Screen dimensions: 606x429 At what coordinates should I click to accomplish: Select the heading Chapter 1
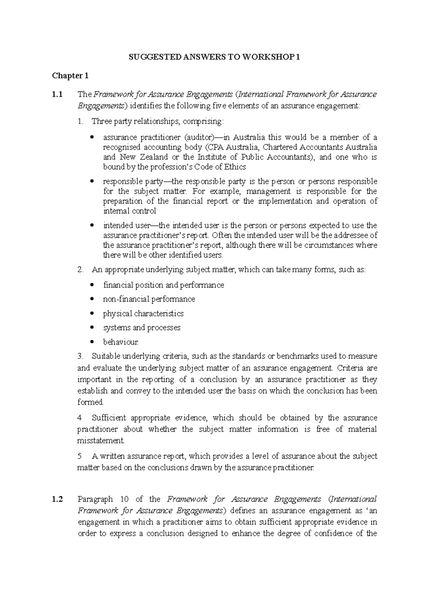pos(70,76)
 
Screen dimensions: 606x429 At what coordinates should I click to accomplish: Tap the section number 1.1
pos(57,95)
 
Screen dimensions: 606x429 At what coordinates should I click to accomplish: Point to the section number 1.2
pos(57,499)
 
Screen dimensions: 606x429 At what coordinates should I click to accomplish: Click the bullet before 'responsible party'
pos(92,181)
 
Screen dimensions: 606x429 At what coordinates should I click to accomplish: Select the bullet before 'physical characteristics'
pos(92,314)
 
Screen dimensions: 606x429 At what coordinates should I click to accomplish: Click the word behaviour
pos(120,342)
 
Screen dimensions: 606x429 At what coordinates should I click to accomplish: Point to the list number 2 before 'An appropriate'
pos(80,269)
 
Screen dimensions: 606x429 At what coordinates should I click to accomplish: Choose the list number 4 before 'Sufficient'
pos(79,418)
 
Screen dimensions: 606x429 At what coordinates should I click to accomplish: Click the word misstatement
pos(101,440)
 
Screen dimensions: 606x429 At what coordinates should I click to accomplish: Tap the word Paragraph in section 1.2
pos(95,499)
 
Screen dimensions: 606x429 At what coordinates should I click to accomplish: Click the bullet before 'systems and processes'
pos(92,328)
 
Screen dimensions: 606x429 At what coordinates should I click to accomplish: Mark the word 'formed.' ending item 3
pos(90,402)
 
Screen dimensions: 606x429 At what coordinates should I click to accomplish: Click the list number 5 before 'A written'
pos(79,456)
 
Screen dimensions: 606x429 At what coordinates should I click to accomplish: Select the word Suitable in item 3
pos(106,356)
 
